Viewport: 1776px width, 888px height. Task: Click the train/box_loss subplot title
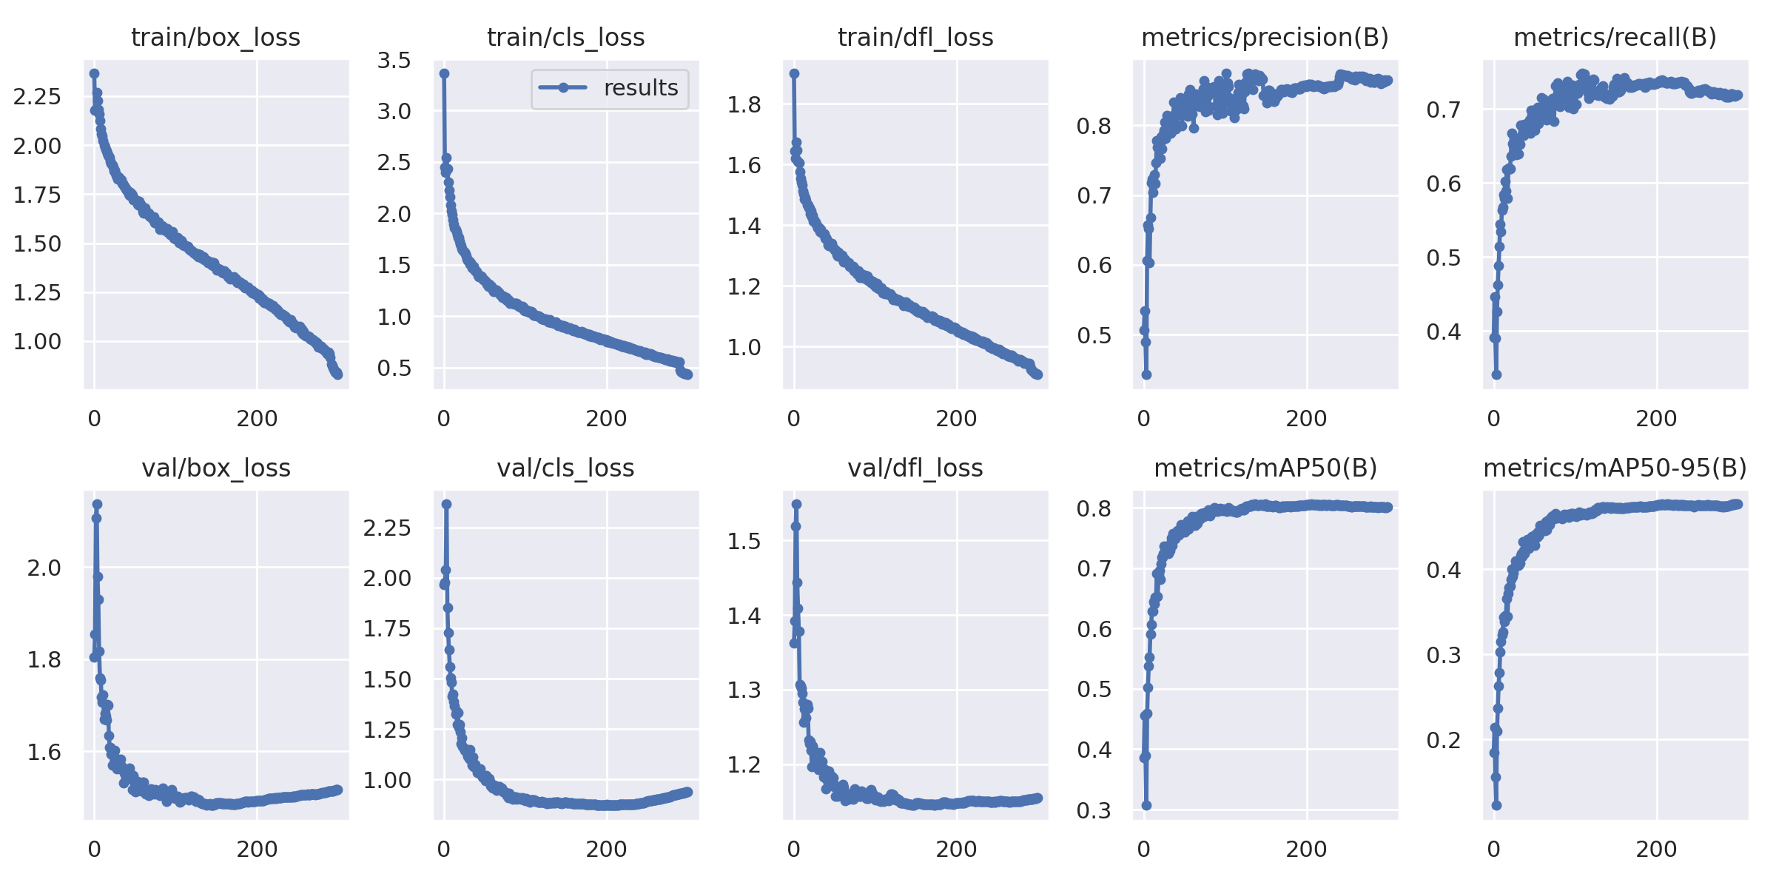(215, 37)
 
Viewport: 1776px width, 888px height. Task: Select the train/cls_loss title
(565, 37)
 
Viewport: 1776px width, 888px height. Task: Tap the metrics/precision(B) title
(1265, 37)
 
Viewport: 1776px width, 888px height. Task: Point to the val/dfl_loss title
(915, 468)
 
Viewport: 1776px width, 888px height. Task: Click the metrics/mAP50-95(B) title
(1615, 468)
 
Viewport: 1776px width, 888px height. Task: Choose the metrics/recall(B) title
(1615, 37)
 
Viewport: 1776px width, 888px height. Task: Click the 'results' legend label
(641, 88)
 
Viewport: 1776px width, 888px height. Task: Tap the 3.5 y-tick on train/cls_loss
(394, 60)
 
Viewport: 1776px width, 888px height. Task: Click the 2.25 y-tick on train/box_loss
(37, 96)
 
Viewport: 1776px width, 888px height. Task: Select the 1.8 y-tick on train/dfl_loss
(744, 104)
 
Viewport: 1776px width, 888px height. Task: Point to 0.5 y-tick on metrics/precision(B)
(1094, 335)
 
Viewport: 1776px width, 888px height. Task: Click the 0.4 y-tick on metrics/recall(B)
(1444, 332)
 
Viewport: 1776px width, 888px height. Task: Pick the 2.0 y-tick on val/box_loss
(44, 568)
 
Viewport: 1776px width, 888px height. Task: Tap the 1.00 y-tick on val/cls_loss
(386, 780)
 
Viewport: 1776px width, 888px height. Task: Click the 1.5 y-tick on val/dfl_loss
(744, 541)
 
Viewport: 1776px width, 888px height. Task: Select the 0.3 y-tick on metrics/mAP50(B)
(1094, 810)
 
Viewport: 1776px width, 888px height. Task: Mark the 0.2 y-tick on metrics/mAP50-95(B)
(1444, 740)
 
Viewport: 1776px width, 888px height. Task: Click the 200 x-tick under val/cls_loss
(606, 849)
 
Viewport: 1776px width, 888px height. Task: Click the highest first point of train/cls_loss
(444, 73)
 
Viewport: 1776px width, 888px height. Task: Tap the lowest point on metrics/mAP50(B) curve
(1146, 805)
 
